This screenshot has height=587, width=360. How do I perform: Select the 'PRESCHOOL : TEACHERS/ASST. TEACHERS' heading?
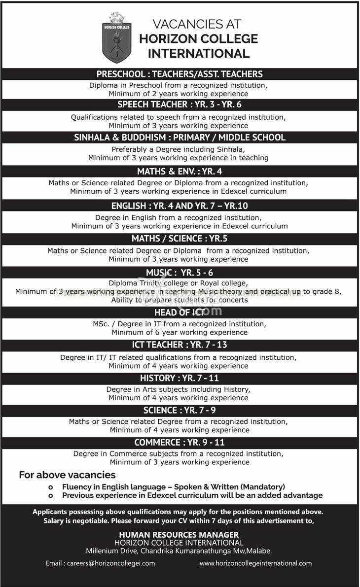(x=180, y=74)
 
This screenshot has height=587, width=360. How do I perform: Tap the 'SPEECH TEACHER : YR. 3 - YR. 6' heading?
(x=180, y=104)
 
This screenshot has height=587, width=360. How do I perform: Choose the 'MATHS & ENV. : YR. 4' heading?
(x=180, y=172)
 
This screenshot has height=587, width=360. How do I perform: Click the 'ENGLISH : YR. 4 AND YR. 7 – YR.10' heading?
(x=180, y=206)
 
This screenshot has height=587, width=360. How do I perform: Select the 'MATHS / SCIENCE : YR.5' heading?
(x=180, y=239)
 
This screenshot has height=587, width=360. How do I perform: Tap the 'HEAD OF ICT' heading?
(x=180, y=312)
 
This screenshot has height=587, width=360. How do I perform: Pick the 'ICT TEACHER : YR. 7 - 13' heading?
(x=180, y=345)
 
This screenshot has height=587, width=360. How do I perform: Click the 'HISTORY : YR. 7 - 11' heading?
(x=180, y=378)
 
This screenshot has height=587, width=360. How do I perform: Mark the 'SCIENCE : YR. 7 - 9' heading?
(x=180, y=410)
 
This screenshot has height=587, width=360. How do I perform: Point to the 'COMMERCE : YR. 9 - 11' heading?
(x=180, y=443)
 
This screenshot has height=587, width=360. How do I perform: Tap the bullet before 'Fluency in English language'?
(x=50, y=486)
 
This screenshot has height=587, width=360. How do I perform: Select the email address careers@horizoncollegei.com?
(x=101, y=563)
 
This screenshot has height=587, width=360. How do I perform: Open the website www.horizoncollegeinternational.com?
(x=256, y=563)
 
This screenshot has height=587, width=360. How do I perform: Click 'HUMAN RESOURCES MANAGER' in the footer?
(x=179, y=535)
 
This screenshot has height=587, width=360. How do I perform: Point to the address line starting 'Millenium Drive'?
(x=179, y=551)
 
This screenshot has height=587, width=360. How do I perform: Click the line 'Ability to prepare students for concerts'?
(x=180, y=300)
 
